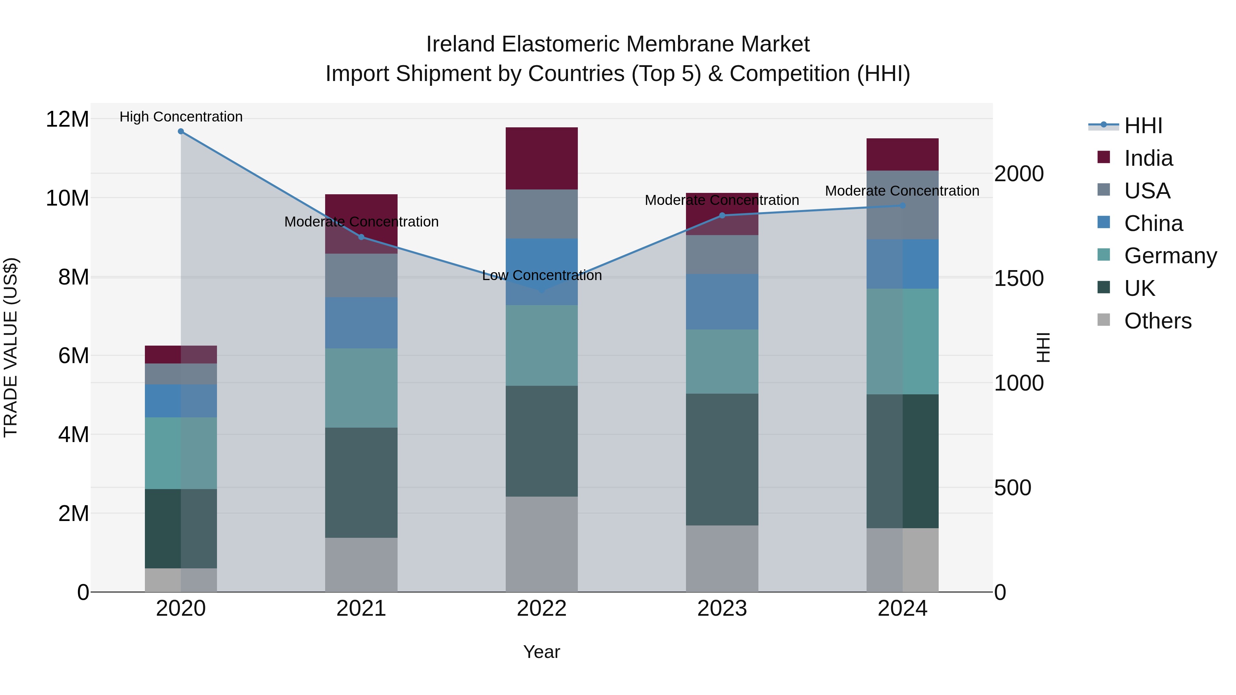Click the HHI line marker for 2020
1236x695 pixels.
coord(181,131)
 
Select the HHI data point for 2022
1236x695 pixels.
coord(542,290)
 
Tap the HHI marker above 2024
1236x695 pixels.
coord(902,206)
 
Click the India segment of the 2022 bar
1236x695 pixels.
coord(542,158)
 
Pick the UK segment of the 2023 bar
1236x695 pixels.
coord(722,460)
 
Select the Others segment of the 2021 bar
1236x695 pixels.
coord(361,565)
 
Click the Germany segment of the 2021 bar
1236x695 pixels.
coord(361,388)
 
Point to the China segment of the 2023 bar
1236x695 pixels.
coord(722,302)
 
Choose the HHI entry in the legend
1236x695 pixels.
coord(1143,126)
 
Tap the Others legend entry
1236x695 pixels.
coord(1157,321)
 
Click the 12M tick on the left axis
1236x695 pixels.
coord(67,119)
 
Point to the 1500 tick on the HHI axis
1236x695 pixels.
coord(1018,278)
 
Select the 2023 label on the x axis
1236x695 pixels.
coord(722,609)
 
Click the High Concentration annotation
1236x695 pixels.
coord(181,117)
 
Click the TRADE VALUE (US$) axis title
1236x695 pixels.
coord(11,347)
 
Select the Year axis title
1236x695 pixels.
coord(542,652)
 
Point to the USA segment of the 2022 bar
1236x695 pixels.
coord(542,214)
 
